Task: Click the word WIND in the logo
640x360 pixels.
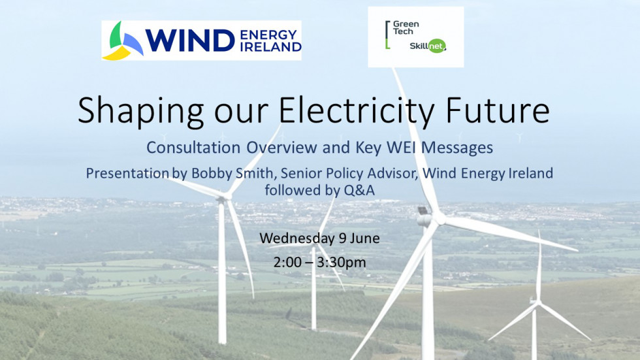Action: click(190, 41)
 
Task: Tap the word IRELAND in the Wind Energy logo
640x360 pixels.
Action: click(270, 47)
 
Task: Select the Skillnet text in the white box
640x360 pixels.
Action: click(427, 46)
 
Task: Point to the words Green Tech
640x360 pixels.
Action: click(406, 27)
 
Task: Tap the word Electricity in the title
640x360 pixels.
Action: click(357, 110)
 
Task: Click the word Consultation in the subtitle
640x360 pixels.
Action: click(193, 148)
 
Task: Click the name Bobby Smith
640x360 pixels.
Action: click(232, 173)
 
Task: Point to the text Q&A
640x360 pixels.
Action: click(359, 190)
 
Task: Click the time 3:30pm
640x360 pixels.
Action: click(341, 263)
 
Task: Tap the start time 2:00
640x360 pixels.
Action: click(287, 262)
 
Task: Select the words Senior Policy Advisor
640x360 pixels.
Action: click(349, 173)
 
